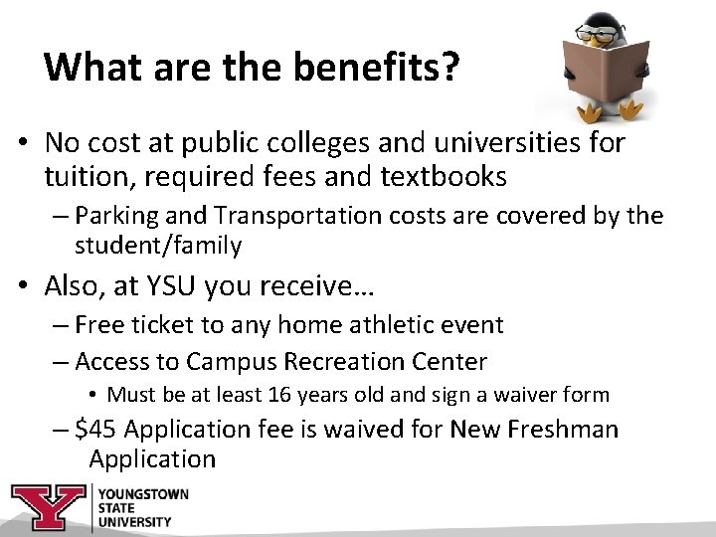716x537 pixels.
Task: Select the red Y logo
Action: point(48,507)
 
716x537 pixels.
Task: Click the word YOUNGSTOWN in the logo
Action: point(143,494)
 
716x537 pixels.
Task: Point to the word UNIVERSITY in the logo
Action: point(134,521)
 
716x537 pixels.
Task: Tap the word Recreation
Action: point(362,360)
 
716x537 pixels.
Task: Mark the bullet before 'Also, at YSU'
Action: point(20,287)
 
